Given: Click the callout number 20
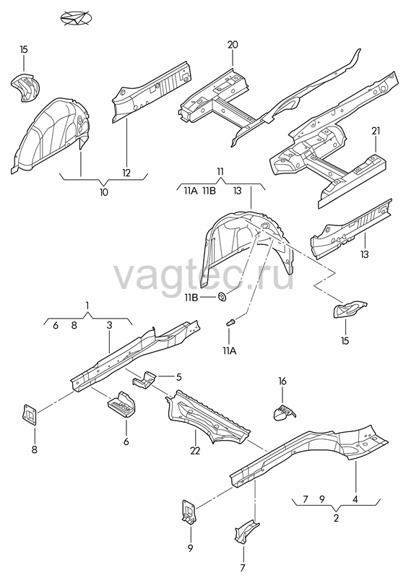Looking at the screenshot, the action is click(233, 45).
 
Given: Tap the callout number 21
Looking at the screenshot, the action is click(376, 131).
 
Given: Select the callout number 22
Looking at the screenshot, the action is click(195, 450).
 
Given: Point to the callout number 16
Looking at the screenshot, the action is click(282, 381).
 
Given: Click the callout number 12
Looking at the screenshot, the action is click(126, 173).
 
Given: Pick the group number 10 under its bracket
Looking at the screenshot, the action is click(104, 192).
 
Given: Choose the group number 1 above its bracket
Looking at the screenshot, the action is click(87, 306).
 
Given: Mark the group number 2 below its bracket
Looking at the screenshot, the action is click(336, 518).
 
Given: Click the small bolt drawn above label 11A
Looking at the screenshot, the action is click(230, 322).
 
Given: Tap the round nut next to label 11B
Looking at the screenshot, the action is click(223, 296).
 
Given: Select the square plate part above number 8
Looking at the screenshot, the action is click(30, 415).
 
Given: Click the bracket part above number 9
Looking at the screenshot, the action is click(189, 512).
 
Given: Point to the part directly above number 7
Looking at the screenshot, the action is click(245, 532).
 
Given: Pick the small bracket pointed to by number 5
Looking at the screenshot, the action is click(144, 379).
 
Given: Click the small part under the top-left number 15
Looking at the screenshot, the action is click(25, 87).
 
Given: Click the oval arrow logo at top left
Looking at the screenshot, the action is click(76, 19).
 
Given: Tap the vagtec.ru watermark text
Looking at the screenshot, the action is click(204, 277).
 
